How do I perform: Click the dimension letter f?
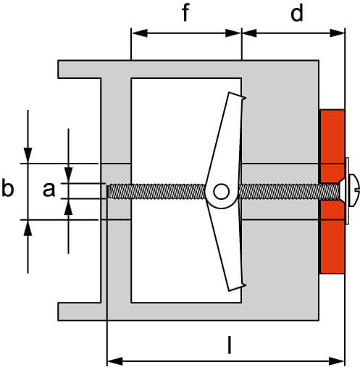tap(185, 13)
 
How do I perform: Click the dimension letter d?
tap(297, 13)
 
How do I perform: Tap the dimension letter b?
tap(8, 187)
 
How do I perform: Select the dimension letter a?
tap(49, 189)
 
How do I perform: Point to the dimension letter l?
tap(230, 345)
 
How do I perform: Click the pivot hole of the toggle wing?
tap(221, 192)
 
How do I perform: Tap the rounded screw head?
tap(354, 190)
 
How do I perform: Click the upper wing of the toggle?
tap(226, 138)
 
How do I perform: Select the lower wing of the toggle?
tap(227, 246)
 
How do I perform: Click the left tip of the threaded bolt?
tap(109, 192)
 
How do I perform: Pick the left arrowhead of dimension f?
tap(140, 33)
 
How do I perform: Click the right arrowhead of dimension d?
tap(337, 33)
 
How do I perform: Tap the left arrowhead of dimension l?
tap(115, 361)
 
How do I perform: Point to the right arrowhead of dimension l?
tap(337, 361)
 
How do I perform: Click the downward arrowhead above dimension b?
tap(28, 156)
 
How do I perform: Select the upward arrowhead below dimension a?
tap(68, 207)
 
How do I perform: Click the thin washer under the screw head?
tap(347, 190)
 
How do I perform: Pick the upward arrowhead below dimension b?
tap(28, 228)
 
